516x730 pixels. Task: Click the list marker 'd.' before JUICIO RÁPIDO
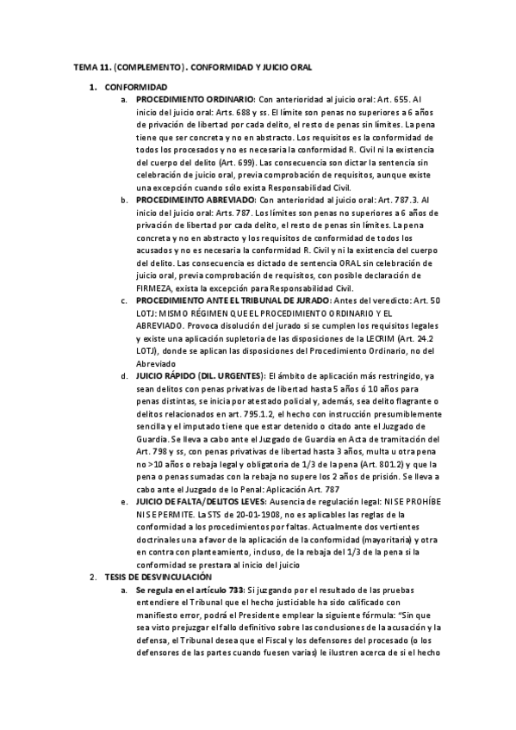coord(125,374)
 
